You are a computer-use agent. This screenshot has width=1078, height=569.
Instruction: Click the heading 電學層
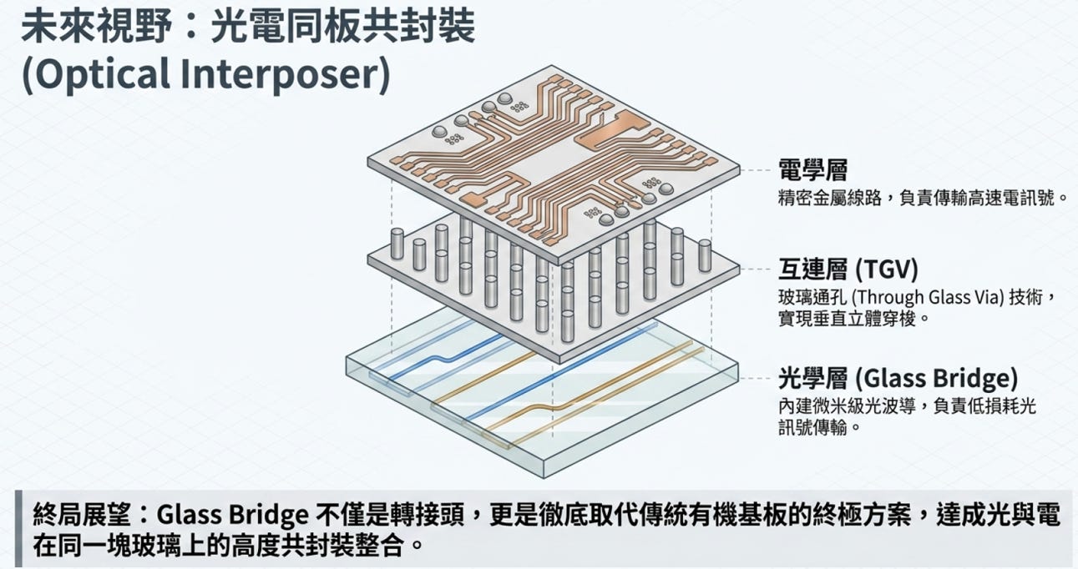[812, 170]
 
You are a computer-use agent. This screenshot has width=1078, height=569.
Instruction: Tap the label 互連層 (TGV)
[848, 269]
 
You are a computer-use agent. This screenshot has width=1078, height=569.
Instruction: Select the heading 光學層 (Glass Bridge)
[898, 378]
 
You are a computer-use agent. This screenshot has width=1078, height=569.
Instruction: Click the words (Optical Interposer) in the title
[206, 74]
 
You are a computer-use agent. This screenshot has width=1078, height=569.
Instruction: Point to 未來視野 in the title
[97, 27]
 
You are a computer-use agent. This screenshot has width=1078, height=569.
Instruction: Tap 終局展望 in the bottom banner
[81, 514]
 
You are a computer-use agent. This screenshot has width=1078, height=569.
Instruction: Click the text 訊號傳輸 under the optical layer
[812, 426]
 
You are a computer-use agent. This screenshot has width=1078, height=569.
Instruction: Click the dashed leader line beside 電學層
[757, 170]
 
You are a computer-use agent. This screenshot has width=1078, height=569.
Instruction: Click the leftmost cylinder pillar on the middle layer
[397, 244]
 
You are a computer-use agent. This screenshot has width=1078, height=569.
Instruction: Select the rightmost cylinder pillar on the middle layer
[705, 255]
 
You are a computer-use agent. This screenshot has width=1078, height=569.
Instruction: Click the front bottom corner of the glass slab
[544, 477]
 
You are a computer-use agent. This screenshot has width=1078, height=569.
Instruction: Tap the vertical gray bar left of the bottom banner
[18, 529]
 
